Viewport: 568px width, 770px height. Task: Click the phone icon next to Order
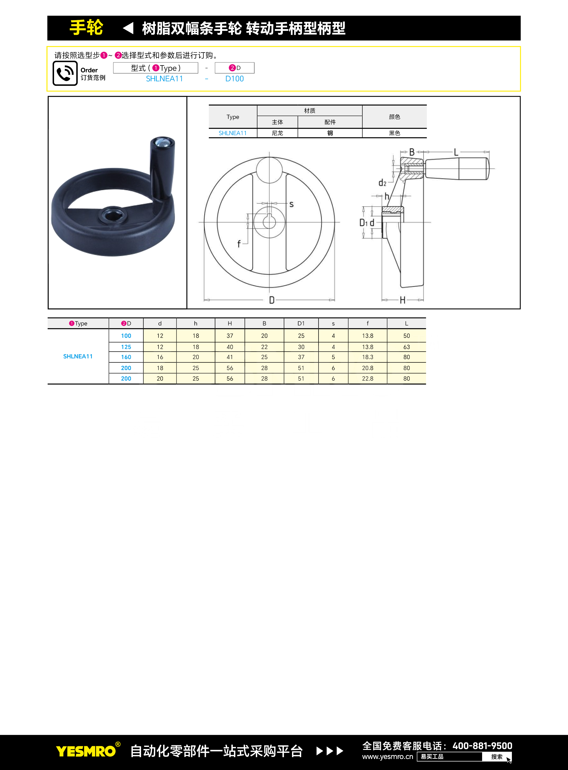[65, 73]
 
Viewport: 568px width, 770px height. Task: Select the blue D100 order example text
[235, 79]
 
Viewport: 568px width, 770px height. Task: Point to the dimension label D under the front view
[272, 300]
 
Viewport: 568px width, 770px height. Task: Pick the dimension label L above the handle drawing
[456, 152]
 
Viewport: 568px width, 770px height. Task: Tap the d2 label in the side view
[382, 183]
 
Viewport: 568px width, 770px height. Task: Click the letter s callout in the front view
[292, 204]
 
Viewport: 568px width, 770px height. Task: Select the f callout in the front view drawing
[239, 244]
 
